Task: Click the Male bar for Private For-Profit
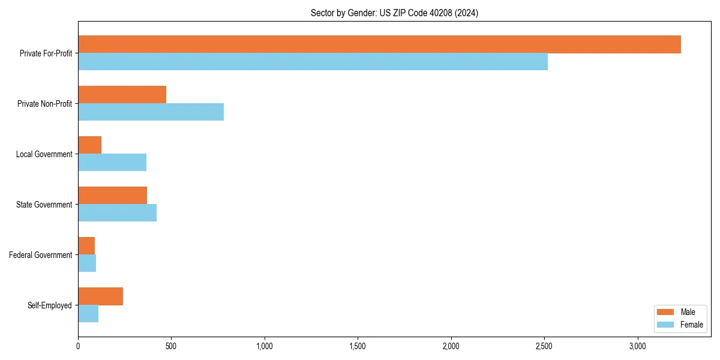[x=379, y=44]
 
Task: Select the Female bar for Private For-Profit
[x=313, y=62]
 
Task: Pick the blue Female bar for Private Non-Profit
[x=151, y=112]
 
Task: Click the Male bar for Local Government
[x=89, y=145]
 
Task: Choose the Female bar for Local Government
[x=112, y=163]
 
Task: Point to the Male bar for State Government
[x=112, y=196]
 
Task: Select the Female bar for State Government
[x=117, y=213]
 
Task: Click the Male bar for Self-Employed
[x=100, y=296]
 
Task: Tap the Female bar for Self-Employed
[x=88, y=314]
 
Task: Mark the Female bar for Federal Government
[x=87, y=263]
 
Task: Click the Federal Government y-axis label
[x=41, y=255]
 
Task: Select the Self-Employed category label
[x=50, y=305]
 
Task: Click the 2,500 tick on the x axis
[x=544, y=346]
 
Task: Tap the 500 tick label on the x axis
[x=171, y=346]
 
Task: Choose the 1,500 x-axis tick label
[x=358, y=346]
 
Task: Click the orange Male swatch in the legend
[x=666, y=312]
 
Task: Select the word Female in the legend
[x=692, y=325]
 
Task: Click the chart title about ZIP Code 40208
[x=394, y=13]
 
